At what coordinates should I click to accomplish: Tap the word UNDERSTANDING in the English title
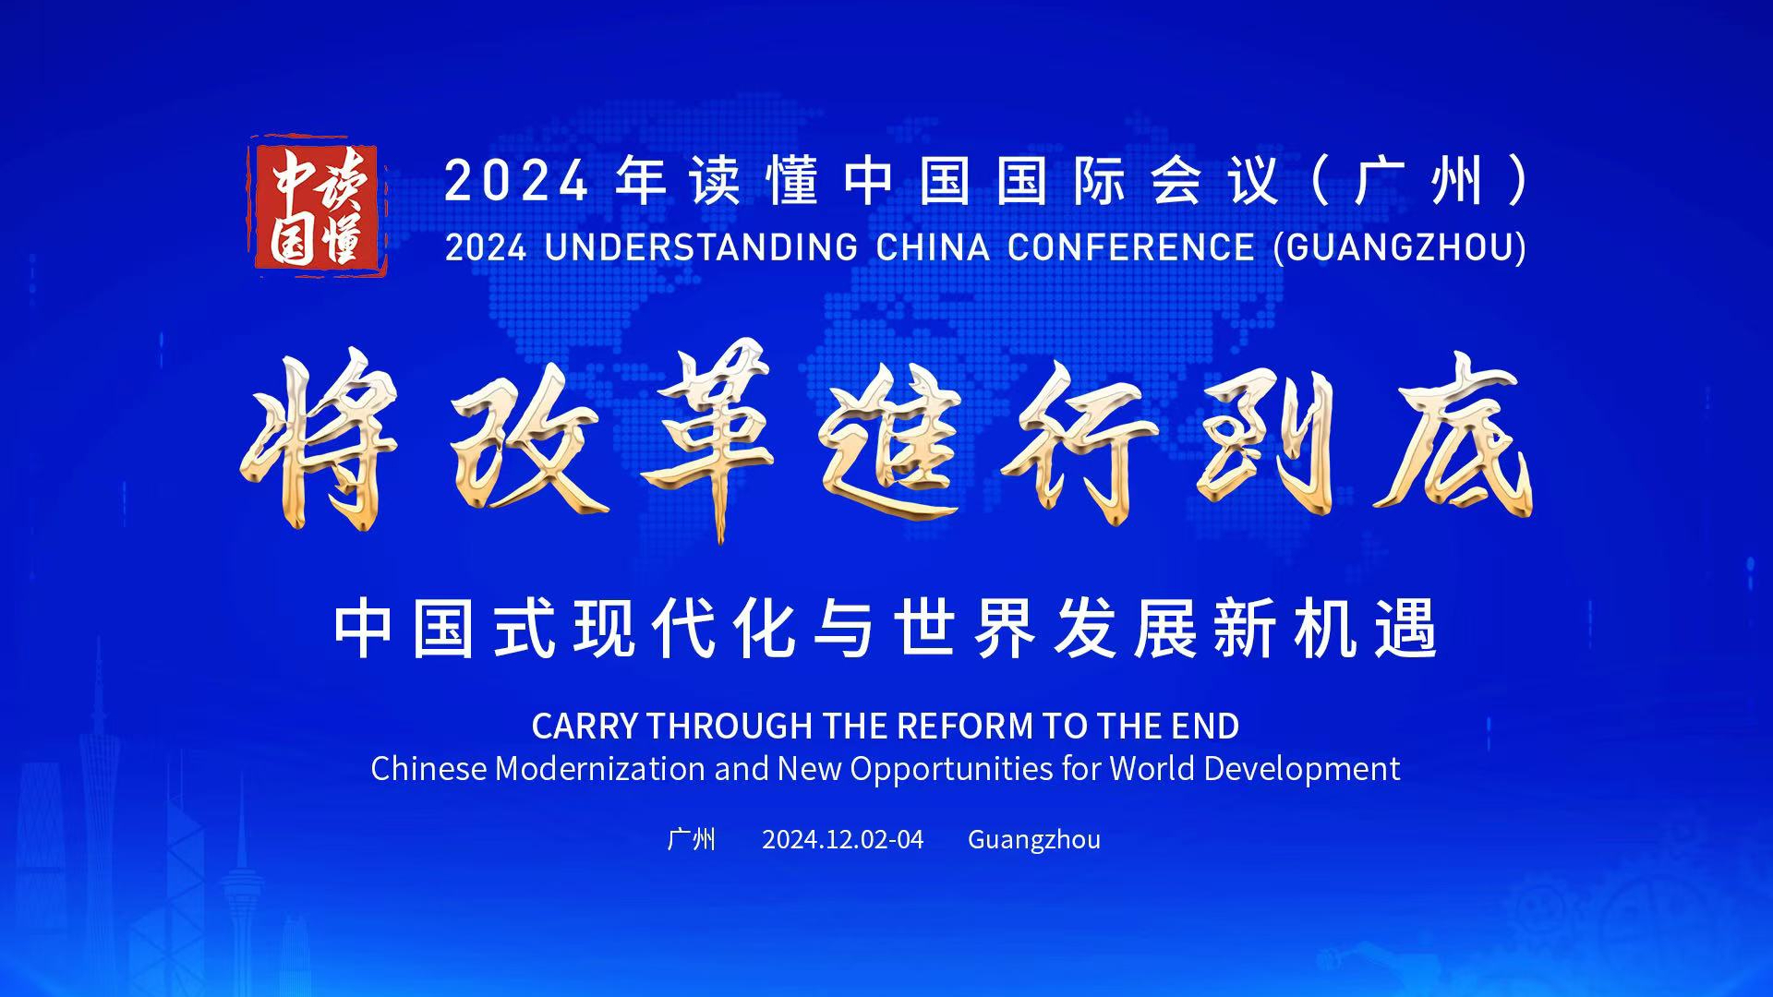[x=701, y=247]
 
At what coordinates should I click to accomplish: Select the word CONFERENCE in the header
[x=1131, y=247]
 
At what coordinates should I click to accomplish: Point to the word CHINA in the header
[x=933, y=247]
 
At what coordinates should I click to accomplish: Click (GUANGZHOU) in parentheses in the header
[x=1400, y=247]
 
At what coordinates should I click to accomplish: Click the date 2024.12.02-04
[x=842, y=839]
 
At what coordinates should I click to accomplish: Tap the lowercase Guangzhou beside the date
[x=1034, y=840]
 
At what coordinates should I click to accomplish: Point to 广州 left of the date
[x=691, y=839]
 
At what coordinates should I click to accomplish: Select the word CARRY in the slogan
[x=585, y=727]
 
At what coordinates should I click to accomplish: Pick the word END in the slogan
[x=1205, y=727]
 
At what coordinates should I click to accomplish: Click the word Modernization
[x=600, y=769]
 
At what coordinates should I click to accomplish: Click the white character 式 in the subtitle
[x=525, y=628]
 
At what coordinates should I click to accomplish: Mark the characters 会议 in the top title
[x=1215, y=180]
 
